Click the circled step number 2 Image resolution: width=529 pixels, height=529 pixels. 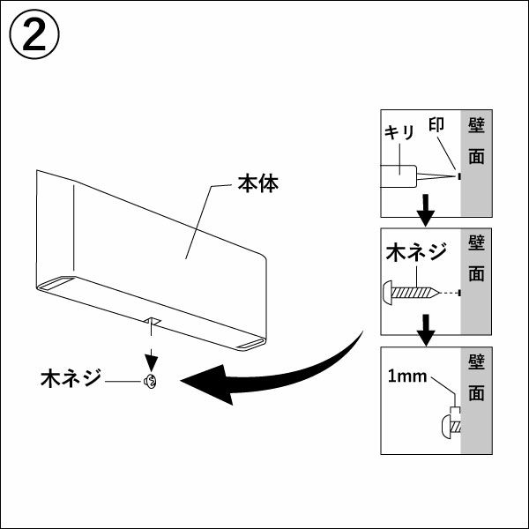coord(34,36)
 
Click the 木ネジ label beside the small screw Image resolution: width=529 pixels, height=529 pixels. coord(71,380)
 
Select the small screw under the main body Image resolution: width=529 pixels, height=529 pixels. coord(150,382)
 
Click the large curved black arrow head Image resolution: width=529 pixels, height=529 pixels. coord(212,385)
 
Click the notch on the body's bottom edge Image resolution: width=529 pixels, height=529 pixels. coord(152,321)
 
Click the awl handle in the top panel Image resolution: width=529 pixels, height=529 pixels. coord(399,177)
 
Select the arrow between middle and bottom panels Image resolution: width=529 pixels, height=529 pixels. coord(426,329)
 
